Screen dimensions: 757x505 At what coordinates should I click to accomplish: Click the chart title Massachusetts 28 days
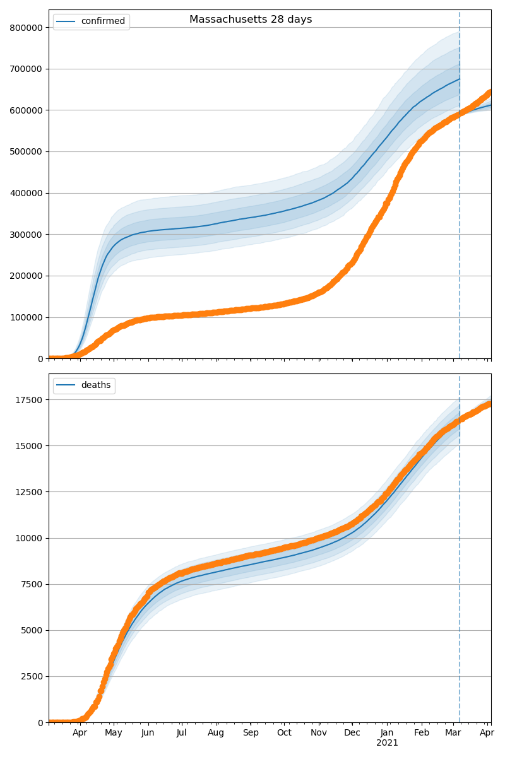pos(251,20)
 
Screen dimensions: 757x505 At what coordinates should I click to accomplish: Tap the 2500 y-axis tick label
pos(32,677)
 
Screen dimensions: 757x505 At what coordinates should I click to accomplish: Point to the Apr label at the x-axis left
pos(80,733)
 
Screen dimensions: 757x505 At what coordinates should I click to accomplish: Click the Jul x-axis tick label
pos(181,733)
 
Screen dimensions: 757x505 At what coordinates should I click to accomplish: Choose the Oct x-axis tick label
pos(284,733)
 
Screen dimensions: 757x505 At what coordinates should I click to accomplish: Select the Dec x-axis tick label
pos(352,733)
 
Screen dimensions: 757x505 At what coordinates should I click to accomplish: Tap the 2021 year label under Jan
pos(387,743)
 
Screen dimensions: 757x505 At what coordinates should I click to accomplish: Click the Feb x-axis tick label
pos(422,733)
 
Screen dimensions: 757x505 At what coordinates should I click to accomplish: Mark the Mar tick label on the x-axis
pos(453,733)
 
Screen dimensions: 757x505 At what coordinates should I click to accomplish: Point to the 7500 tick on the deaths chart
pos(32,584)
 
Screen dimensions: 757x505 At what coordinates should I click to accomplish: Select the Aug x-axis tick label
pos(217,733)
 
